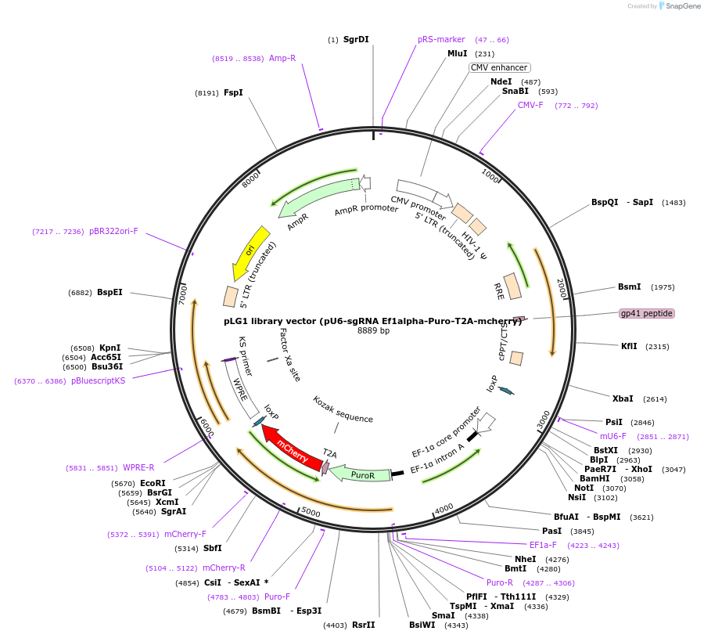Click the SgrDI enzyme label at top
tap(356, 39)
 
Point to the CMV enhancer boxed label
tap(499, 67)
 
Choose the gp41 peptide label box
tap(646, 313)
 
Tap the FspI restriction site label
tap(233, 92)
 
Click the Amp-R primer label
tap(282, 58)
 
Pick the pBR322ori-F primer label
tap(113, 231)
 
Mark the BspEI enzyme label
tap(110, 292)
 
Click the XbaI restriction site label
tap(623, 398)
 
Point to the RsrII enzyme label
tap(364, 625)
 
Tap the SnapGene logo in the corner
tap(672, 6)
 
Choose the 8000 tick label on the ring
tap(250, 179)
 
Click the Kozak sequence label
tap(343, 409)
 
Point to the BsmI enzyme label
tap(629, 287)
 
